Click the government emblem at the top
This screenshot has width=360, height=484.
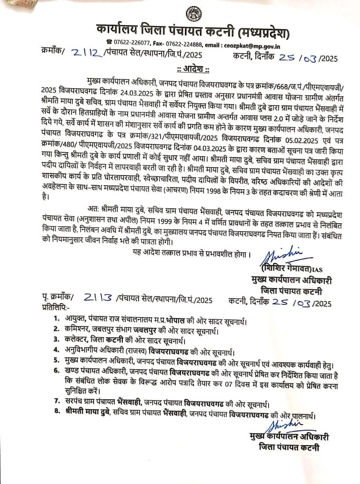[193, 15]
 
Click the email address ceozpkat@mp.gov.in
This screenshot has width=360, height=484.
[255, 46]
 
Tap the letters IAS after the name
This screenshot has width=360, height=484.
[317, 270]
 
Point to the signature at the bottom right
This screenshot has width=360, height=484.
[282, 424]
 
